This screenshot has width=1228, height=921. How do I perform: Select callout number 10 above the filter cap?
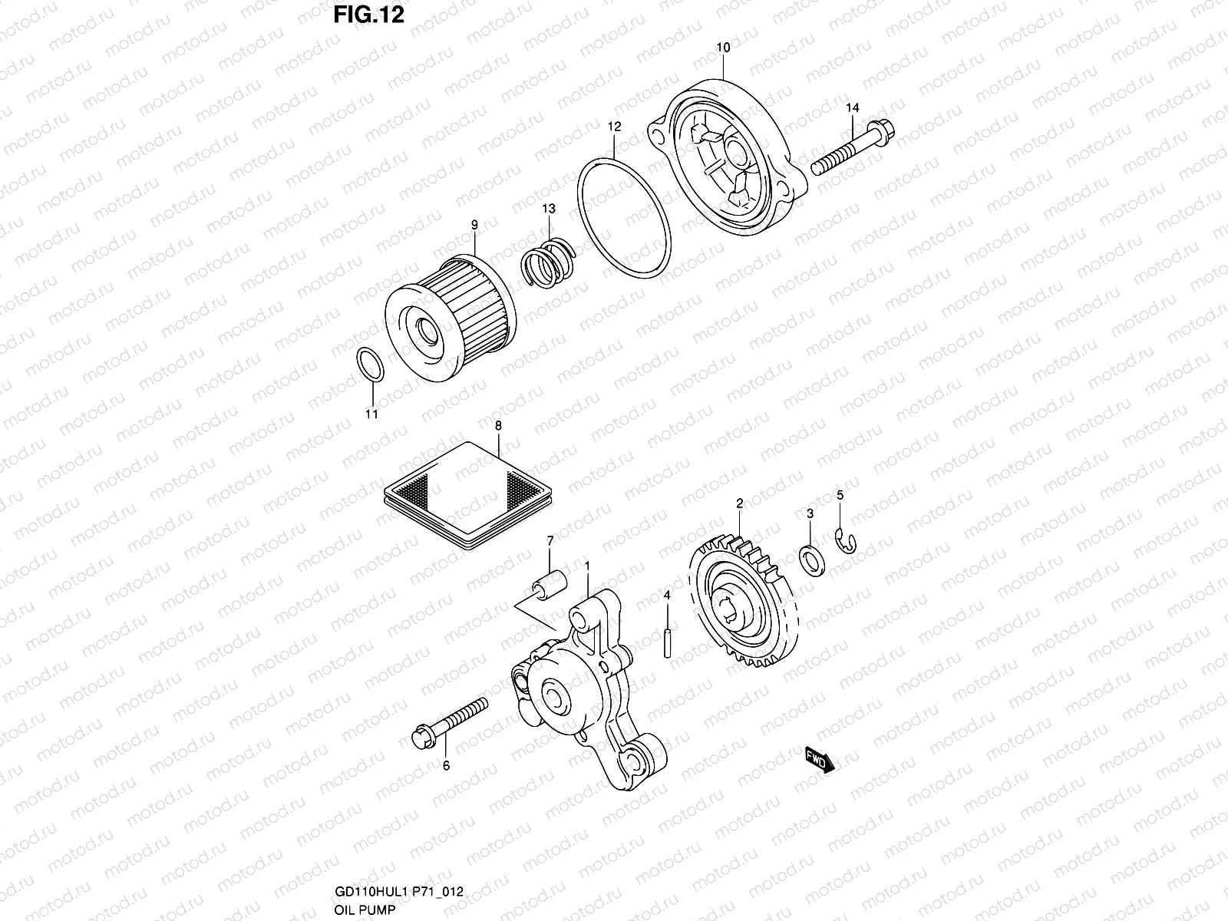click(723, 47)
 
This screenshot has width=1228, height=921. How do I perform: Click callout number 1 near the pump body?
click(587, 566)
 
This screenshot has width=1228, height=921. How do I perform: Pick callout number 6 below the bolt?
click(446, 765)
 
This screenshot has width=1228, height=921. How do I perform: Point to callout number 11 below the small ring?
click(371, 415)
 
